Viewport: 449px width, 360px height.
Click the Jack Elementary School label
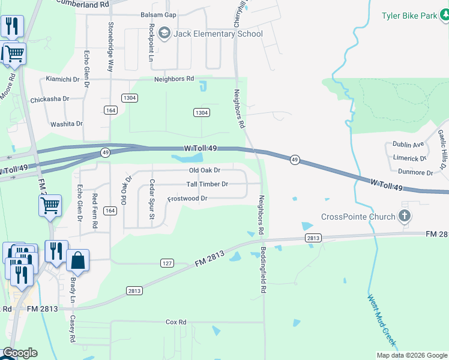pyautogui.click(x=218, y=34)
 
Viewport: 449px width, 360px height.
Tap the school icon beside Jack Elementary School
pyautogui.click(x=165, y=34)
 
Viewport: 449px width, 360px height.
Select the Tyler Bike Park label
pyautogui.click(x=409, y=16)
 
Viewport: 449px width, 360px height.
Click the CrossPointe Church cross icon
pyautogui.click(x=405, y=217)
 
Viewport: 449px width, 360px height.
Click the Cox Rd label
pyautogui.click(x=176, y=322)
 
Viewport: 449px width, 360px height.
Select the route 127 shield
pyautogui.click(x=167, y=263)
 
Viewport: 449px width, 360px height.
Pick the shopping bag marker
pyautogui.click(x=77, y=260)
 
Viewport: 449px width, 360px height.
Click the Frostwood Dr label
pyautogui.click(x=187, y=198)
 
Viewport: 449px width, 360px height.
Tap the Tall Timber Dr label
pyautogui.click(x=207, y=184)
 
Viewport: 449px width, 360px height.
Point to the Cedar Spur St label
pyautogui.click(x=152, y=195)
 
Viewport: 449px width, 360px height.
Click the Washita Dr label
pyautogui.click(x=66, y=124)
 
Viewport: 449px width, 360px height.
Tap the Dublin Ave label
pyautogui.click(x=408, y=145)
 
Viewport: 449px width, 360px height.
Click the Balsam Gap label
pyautogui.click(x=158, y=14)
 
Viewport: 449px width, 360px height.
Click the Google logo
pyautogui.click(x=19, y=353)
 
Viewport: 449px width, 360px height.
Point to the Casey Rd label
pyautogui.click(x=72, y=329)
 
